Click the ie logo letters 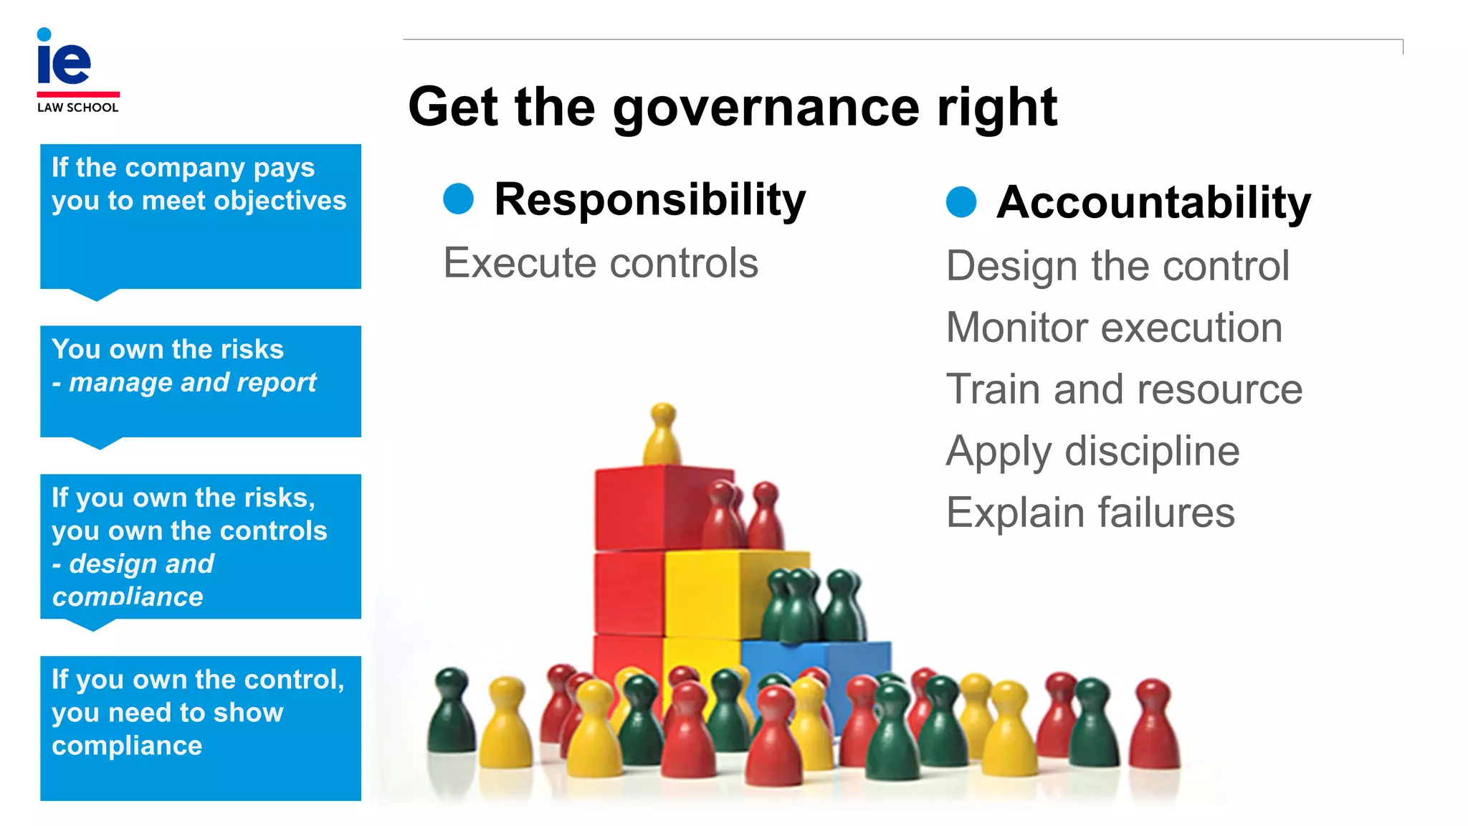tap(64, 60)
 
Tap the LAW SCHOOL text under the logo tap(77, 108)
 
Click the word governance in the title tap(765, 108)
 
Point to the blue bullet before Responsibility tap(459, 199)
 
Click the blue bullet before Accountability tap(961, 201)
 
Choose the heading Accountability tap(1153, 202)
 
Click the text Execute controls tap(601, 262)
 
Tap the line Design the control tap(1117, 266)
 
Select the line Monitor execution tap(1114, 328)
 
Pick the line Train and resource tap(1124, 389)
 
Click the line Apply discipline tap(1092, 451)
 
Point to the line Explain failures tap(1090, 513)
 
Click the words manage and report tap(192, 383)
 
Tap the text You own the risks tap(168, 349)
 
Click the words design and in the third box tap(141, 564)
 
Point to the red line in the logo tap(78, 94)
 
